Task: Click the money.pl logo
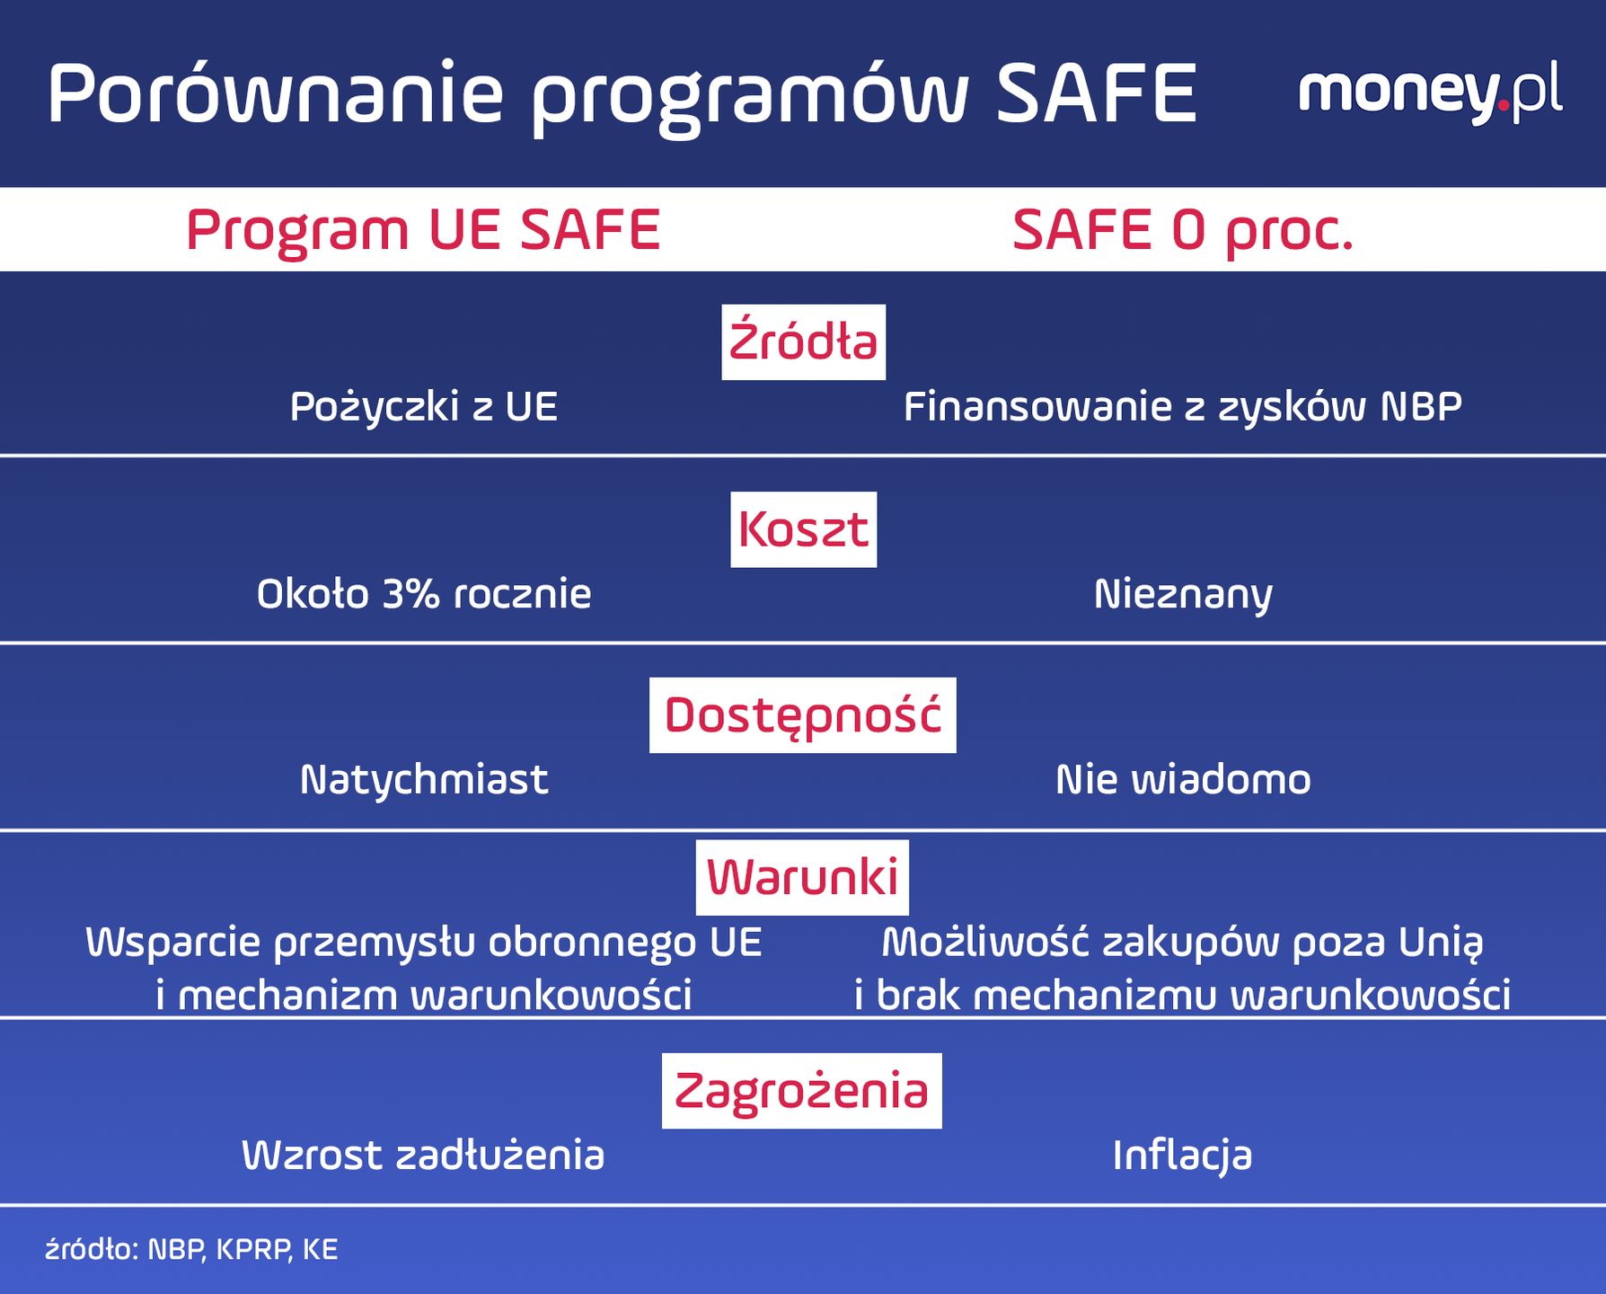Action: coord(1430,93)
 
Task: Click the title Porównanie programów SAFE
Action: coord(622,94)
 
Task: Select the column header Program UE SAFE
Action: coord(423,230)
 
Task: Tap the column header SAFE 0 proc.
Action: coord(1182,230)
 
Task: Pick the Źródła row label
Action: coord(803,342)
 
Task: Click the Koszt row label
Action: coord(803,529)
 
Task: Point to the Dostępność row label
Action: coord(802,715)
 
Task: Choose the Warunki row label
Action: coord(802,877)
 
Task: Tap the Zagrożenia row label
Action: coord(801,1091)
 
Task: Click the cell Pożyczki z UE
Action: coord(423,407)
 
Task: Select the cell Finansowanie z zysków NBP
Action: coord(1182,407)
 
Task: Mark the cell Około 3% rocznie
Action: coord(423,594)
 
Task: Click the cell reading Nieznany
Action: coord(1182,594)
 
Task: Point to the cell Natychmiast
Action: coord(423,779)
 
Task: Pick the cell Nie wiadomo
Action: coord(1182,779)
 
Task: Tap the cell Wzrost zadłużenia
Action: coord(423,1156)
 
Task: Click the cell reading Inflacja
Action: coord(1182,1156)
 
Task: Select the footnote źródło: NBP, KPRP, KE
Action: coord(191,1250)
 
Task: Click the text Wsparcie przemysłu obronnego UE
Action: coord(423,943)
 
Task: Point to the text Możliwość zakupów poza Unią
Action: coord(1182,943)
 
